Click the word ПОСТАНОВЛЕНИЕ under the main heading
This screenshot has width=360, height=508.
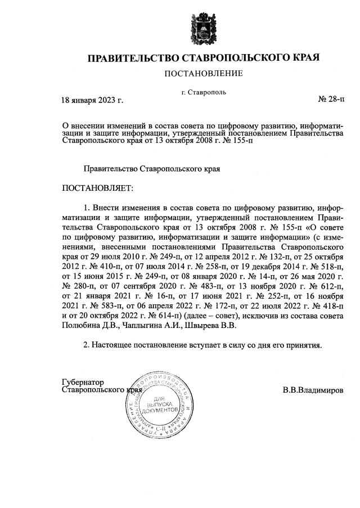(203, 74)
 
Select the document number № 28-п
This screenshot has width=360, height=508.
(332, 100)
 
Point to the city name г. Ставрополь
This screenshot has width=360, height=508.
(204, 92)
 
